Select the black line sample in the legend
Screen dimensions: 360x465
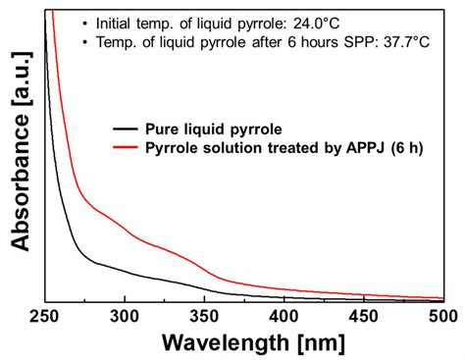126,129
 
